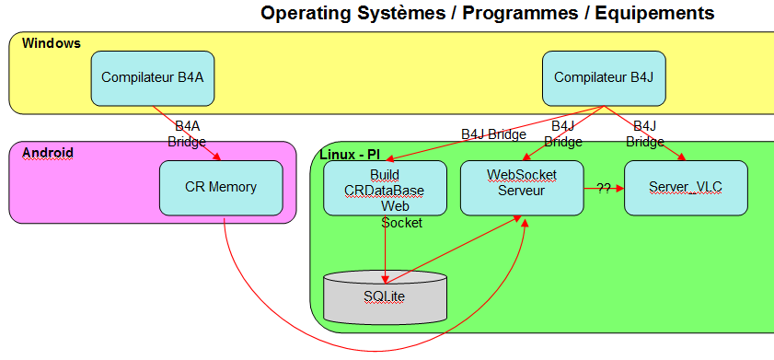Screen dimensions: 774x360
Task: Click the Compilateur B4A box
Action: pos(153,78)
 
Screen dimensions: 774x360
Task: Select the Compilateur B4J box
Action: pos(604,78)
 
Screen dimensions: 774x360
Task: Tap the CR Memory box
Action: pos(221,188)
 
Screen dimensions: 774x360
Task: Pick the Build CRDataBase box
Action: pos(385,188)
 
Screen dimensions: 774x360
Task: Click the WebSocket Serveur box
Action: pos(522,188)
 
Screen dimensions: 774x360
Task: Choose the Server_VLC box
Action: pos(686,188)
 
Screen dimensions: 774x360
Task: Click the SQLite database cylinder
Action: pos(385,296)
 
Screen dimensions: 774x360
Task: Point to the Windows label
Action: pos(52,43)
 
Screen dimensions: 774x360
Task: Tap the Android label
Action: pos(48,153)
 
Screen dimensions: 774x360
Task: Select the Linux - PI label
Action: pos(350,154)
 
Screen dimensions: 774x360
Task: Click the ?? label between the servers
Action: pos(604,188)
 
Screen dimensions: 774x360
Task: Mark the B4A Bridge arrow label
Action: pos(187,134)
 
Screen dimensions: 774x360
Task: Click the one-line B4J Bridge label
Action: pos(493,134)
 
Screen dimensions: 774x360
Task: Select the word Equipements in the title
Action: pos(655,13)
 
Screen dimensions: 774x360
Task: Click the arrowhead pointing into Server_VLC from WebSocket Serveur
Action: pos(620,188)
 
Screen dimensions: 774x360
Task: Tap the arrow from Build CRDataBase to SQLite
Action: pos(385,250)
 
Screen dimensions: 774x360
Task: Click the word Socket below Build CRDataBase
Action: pos(402,223)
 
